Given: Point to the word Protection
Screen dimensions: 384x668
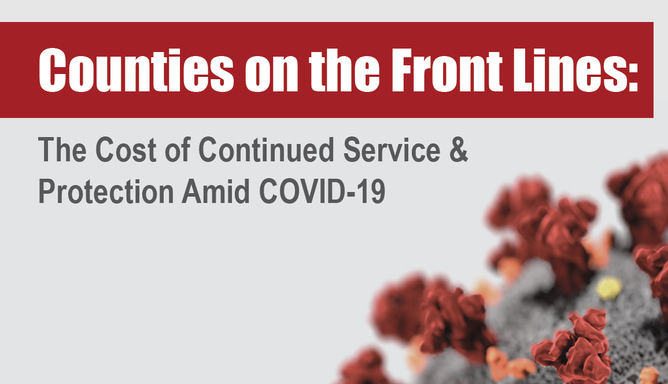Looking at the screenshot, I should pyautogui.click(x=106, y=193).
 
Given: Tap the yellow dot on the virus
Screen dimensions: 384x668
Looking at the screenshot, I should pyautogui.click(x=609, y=287).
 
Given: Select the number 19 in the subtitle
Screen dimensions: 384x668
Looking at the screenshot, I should pyautogui.click(x=373, y=193).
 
